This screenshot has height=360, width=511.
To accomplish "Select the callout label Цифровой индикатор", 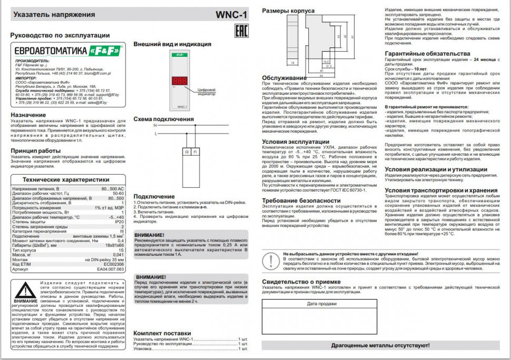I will (207, 92).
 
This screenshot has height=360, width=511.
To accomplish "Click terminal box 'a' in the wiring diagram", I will (187, 151).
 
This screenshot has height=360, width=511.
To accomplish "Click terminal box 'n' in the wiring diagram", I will (195, 151).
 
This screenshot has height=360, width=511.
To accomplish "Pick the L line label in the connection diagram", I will (155, 134).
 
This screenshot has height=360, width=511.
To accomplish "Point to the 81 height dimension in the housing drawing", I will (345, 37).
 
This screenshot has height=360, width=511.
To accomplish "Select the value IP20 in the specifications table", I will (119, 222).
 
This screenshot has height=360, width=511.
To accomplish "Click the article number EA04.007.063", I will (111, 269).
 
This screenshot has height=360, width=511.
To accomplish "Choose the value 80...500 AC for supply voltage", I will (113, 188).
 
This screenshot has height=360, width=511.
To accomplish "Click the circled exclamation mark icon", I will (270, 261).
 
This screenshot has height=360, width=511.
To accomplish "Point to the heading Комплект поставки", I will (162, 333).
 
